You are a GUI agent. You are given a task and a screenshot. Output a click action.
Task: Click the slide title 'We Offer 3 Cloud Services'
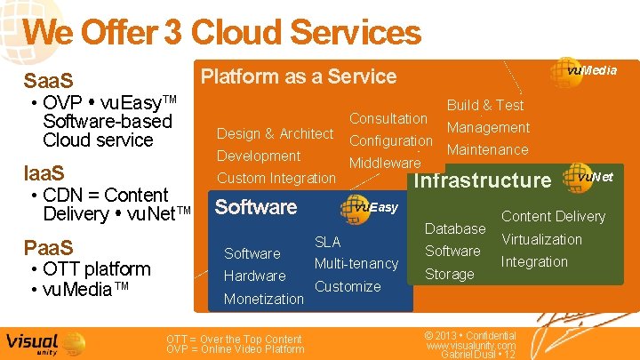click(x=221, y=33)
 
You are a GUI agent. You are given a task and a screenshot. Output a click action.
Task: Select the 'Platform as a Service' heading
click(x=299, y=76)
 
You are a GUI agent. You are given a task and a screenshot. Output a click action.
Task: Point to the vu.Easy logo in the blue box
click(x=372, y=207)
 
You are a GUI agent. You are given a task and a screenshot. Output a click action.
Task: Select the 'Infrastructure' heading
click(x=484, y=180)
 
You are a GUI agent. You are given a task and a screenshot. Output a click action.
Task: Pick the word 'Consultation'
click(x=388, y=118)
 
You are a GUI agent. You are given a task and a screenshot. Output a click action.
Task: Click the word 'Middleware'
click(x=385, y=163)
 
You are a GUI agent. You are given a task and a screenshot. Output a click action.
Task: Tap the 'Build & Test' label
click(x=485, y=105)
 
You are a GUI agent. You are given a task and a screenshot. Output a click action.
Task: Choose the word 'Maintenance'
click(x=488, y=149)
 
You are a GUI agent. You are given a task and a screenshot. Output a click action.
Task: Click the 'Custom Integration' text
click(x=276, y=178)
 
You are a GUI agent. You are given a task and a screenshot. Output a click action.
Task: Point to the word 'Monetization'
click(x=264, y=299)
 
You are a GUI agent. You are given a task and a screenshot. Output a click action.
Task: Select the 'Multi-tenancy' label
click(x=356, y=264)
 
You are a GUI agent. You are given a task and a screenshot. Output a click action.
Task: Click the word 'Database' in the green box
click(x=455, y=228)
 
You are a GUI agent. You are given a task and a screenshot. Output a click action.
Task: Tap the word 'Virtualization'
click(x=541, y=239)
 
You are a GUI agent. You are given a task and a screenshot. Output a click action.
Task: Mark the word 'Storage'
click(x=450, y=274)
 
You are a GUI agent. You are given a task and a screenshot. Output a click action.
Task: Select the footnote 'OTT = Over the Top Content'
click(x=235, y=339)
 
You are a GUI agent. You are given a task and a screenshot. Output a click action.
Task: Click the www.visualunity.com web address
click(x=471, y=346)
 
